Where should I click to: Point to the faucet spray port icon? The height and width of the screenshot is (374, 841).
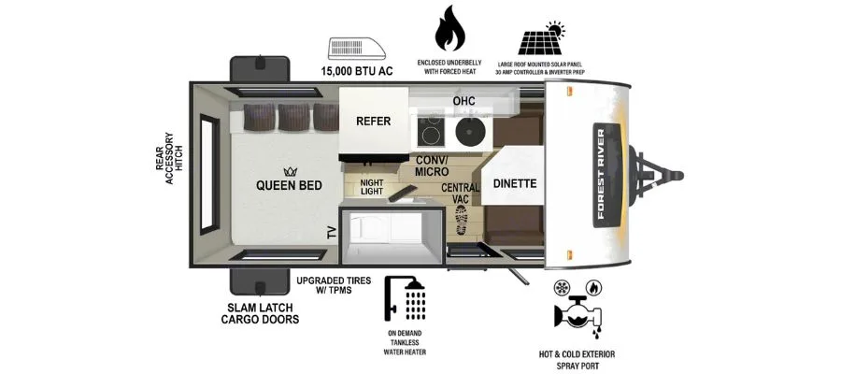577,309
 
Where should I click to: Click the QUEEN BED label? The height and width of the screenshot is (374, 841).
290,184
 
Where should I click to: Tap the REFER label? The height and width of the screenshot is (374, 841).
373,122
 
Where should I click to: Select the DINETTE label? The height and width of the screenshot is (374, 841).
514,183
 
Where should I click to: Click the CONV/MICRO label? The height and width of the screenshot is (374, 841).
432,165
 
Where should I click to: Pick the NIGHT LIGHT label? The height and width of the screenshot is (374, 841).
372,187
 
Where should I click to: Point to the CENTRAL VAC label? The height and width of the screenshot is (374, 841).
460,194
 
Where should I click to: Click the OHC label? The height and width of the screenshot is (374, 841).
464,100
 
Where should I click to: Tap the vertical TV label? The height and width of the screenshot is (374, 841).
332,233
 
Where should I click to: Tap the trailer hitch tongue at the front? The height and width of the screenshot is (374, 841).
659,175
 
